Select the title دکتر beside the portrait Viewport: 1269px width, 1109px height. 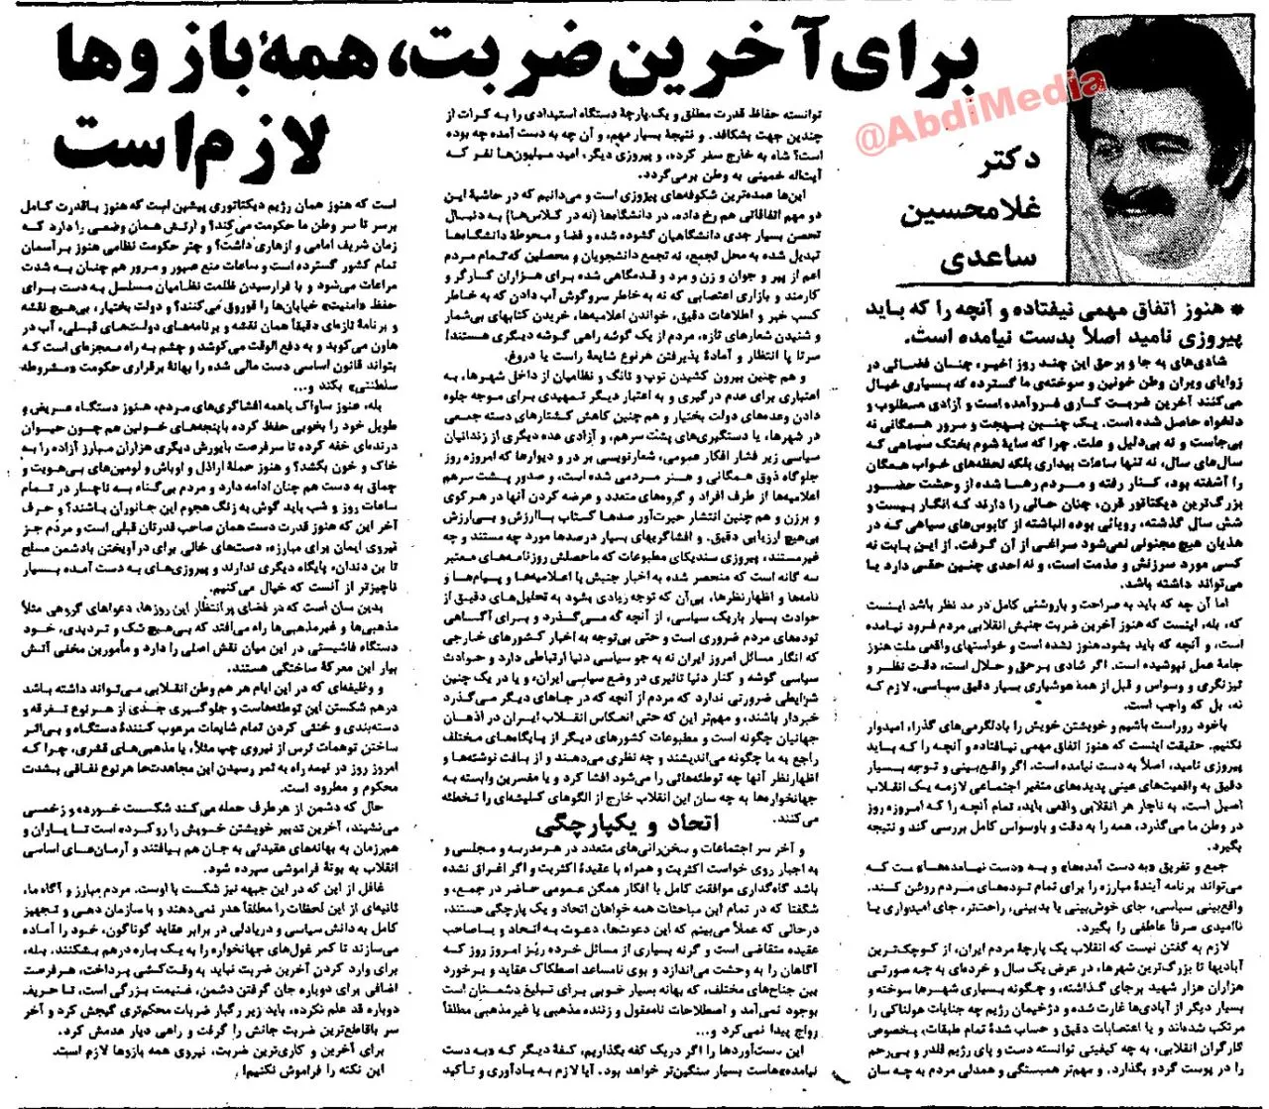click(1006, 164)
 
